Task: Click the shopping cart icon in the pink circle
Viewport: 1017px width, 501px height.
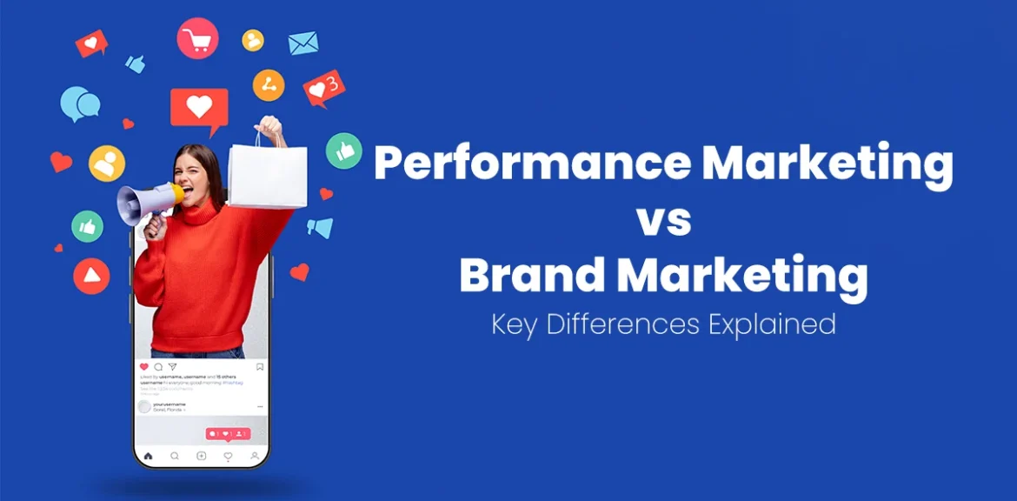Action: (x=198, y=39)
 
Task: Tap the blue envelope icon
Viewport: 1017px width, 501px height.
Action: (x=303, y=43)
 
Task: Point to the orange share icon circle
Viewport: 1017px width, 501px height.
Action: (x=269, y=85)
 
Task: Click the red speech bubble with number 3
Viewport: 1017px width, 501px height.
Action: (x=323, y=88)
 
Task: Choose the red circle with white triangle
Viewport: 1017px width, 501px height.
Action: (x=91, y=276)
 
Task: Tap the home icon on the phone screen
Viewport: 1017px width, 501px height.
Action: (x=149, y=456)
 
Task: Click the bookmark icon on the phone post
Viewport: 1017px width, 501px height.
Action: (x=259, y=367)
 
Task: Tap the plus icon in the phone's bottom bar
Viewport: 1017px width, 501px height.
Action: (x=202, y=456)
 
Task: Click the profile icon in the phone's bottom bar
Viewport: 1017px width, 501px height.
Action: (x=255, y=456)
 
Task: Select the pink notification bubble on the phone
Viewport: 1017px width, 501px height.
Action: (x=228, y=433)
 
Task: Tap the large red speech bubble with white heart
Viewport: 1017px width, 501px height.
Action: (x=199, y=109)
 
